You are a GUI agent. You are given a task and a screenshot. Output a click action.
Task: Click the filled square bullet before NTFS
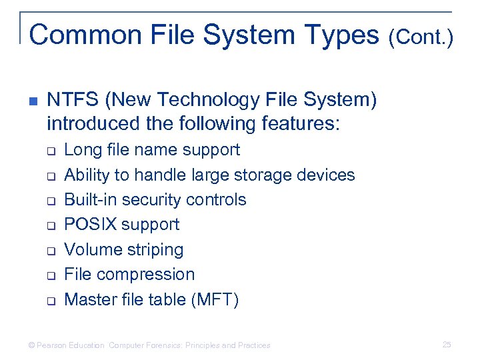tap(33, 101)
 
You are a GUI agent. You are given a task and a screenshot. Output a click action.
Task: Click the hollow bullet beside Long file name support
tap(51, 151)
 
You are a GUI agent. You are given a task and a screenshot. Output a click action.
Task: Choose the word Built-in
tap(89, 200)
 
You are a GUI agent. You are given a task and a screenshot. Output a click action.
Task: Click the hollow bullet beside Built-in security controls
tap(51, 201)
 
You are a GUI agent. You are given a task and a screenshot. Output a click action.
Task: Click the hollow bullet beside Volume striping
tap(51, 251)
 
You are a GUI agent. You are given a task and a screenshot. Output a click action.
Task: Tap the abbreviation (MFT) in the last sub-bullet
tap(215, 300)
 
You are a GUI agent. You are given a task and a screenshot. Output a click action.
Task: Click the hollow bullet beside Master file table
tap(51, 301)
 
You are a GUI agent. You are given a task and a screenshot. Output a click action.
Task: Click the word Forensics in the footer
tap(164, 345)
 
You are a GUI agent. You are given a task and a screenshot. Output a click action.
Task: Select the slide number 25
tap(447, 345)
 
